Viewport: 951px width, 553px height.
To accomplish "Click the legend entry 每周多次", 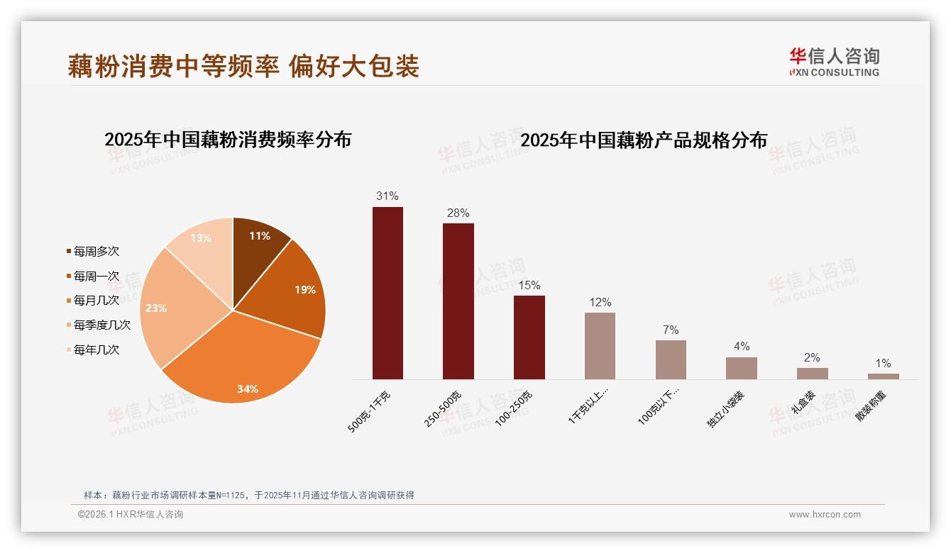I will click(x=96, y=251).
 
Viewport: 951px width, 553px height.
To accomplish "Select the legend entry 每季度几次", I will click(x=101, y=325).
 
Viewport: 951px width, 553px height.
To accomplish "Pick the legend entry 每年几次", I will click(x=96, y=350).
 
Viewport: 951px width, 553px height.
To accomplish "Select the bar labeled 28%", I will click(x=458, y=301).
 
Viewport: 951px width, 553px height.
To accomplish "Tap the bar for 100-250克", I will click(x=529, y=337).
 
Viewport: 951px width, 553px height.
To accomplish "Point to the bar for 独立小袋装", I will click(x=741, y=368).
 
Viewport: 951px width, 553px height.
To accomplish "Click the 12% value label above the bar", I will click(x=600, y=303).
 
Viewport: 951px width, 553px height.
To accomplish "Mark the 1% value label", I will click(x=883, y=364).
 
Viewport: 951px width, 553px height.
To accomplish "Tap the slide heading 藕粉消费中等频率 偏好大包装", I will click(x=243, y=66).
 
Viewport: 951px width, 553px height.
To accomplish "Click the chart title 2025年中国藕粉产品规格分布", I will click(x=644, y=140).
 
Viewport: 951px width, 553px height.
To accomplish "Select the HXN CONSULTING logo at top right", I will click(x=834, y=62).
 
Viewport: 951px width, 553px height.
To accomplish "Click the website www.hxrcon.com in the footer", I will click(x=825, y=515).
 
